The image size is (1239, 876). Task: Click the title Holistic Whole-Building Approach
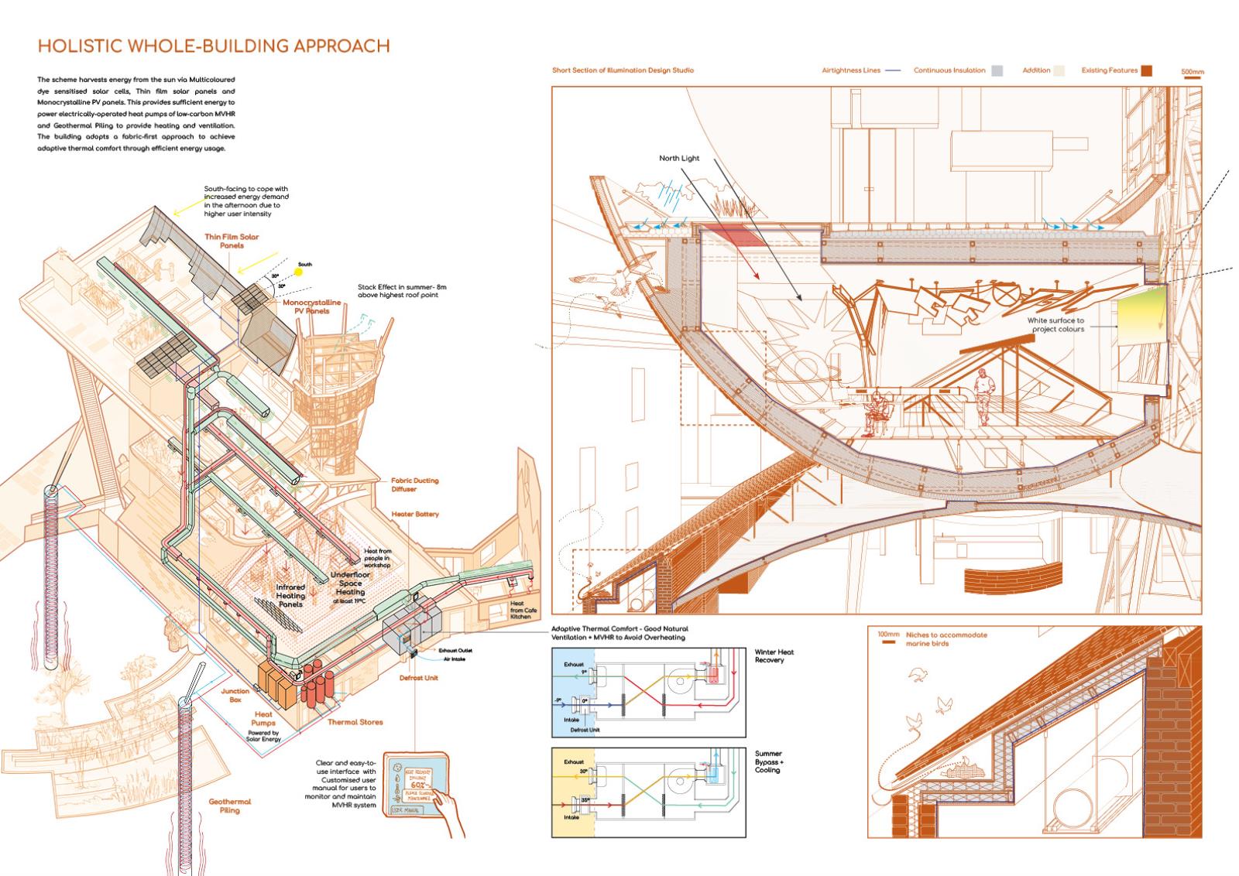(213, 46)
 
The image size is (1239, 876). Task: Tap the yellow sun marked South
(299, 272)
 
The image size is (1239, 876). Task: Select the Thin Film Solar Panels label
(232, 241)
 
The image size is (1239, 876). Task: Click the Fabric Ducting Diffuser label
(414, 484)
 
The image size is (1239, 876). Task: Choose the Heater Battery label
(415, 514)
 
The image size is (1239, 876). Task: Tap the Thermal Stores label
(355, 722)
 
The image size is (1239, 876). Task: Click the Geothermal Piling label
(230, 806)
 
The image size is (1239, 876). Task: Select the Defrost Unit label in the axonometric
(419, 678)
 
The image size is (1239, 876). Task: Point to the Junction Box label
(235, 695)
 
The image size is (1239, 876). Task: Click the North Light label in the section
(679, 159)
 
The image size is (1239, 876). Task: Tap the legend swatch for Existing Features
(1145, 70)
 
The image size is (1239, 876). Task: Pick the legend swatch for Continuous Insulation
(997, 70)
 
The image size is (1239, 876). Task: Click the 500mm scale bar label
(1193, 72)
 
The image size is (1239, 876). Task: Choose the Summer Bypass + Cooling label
(769, 761)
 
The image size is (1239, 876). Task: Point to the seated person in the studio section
(877, 412)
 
